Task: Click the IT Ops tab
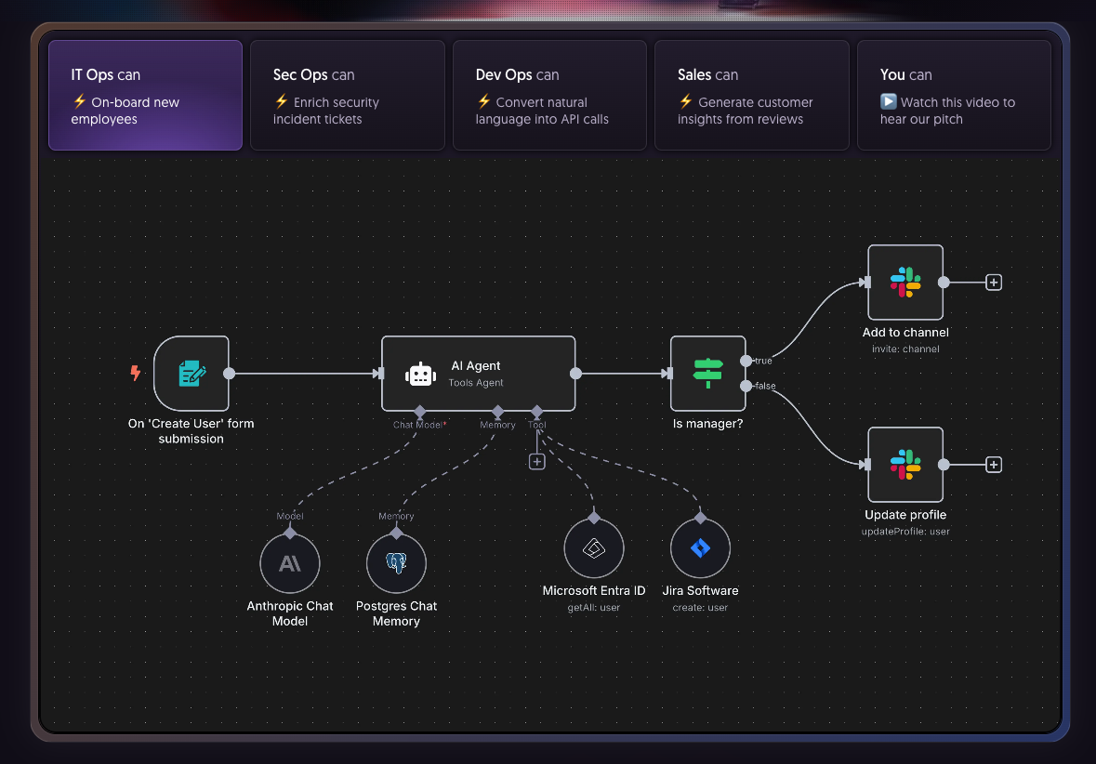point(145,95)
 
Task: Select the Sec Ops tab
point(347,95)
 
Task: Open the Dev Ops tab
point(549,95)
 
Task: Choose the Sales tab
point(751,95)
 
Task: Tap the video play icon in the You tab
point(889,102)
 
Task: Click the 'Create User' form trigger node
point(191,374)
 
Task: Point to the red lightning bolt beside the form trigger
point(136,374)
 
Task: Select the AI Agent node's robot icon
point(420,374)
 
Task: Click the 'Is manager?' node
point(707,374)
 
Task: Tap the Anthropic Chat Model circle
point(290,563)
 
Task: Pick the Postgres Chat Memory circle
point(397,563)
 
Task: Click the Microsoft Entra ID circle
point(594,548)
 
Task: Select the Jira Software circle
point(700,548)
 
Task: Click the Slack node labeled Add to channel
point(905,283)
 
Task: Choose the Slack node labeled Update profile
point(905,465)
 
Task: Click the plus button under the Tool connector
point(536,461)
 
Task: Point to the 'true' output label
point(762,361)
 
